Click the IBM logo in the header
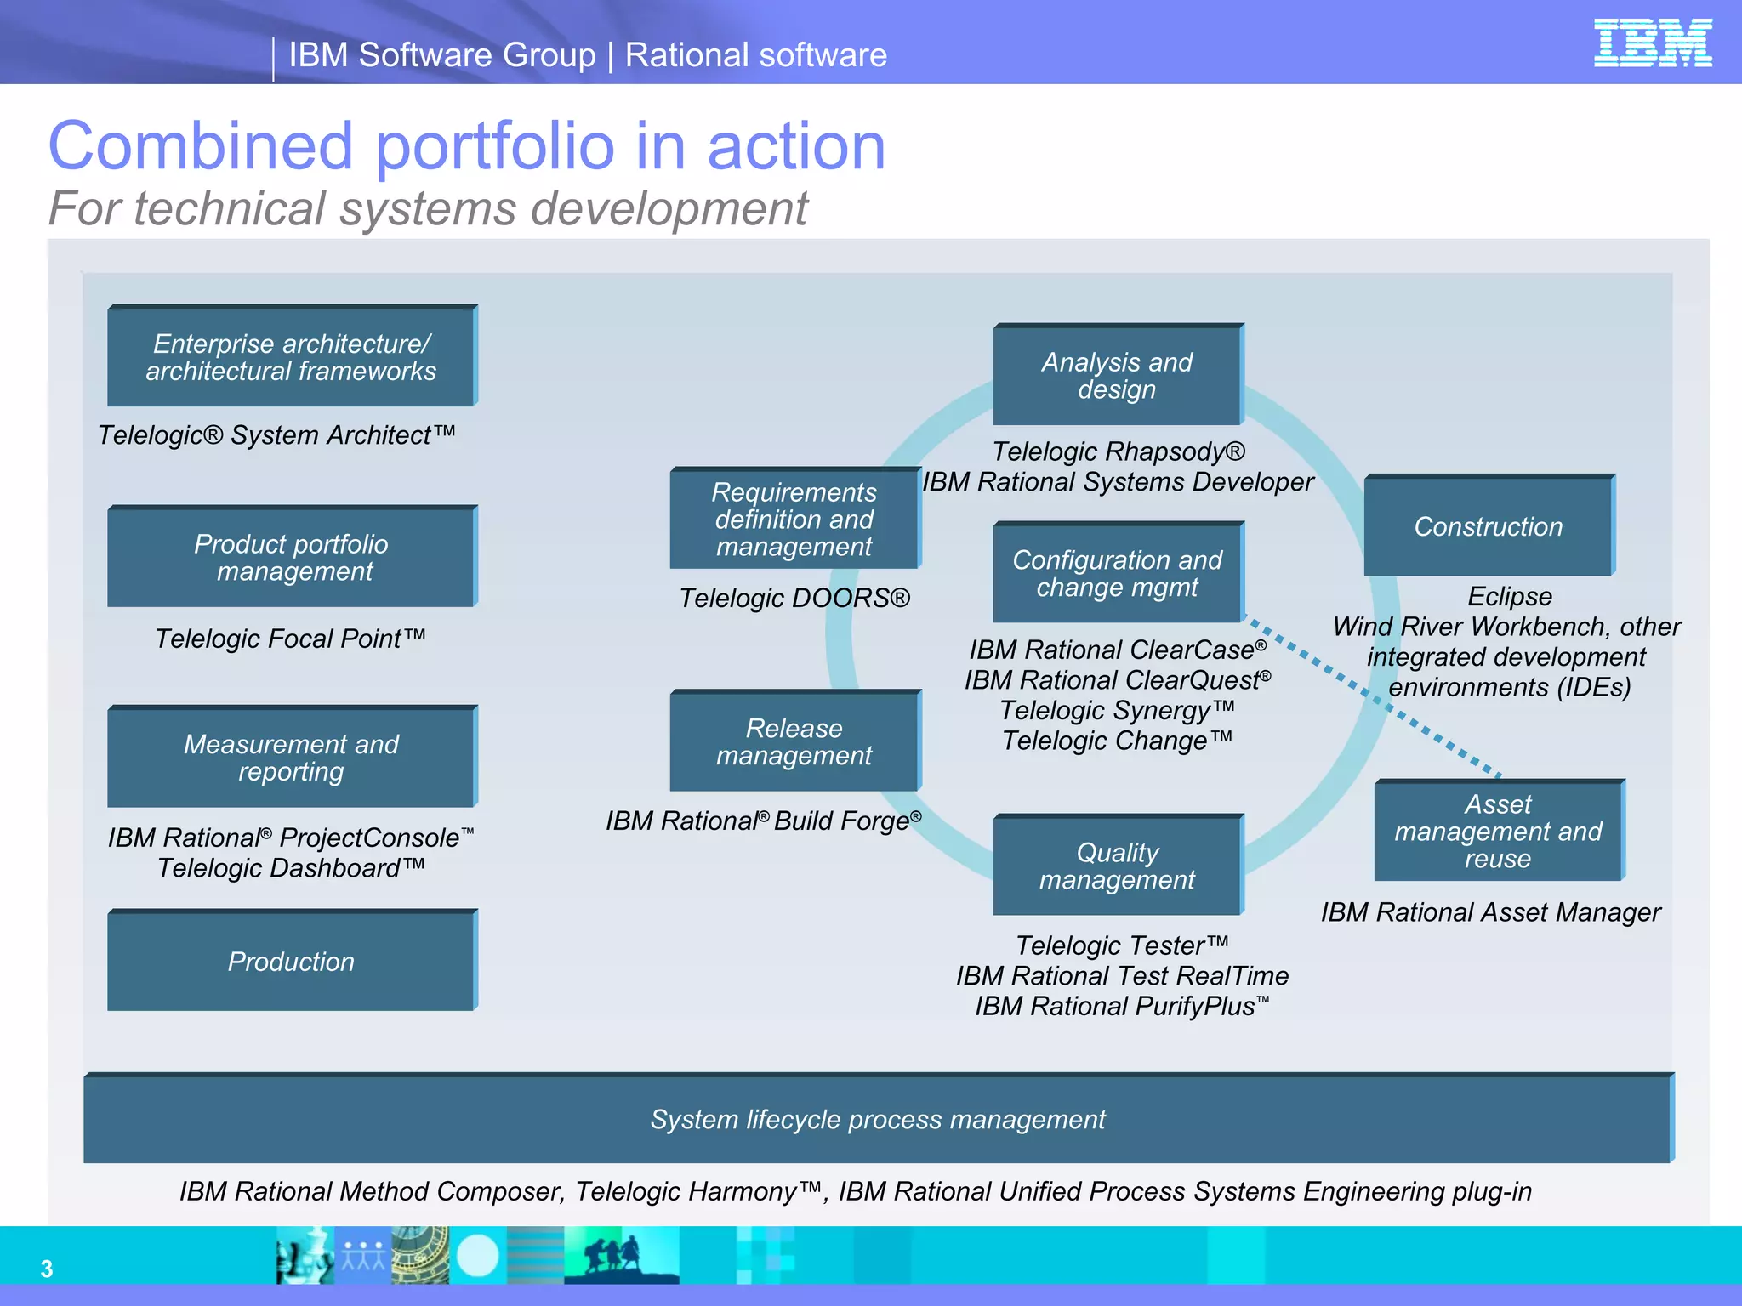[1652, 43]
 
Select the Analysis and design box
[1117, 375]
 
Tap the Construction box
[1488, 526]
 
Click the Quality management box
[1117, 866]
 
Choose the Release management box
[794, 741]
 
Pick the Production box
[291, 961]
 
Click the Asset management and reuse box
[1498, 831]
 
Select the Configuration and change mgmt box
[1117, 573]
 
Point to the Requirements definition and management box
[794, 519]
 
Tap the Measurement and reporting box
[291, 757]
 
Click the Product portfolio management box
[291, 557]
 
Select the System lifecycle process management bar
[878, 1119]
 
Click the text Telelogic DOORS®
[794, 598]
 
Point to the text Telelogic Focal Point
[290, 638]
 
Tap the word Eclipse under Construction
[1509, 596]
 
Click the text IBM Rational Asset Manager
[1490, 912]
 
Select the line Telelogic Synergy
[1116, 710]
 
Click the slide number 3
[47, 1269]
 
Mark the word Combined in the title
[201, 146]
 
